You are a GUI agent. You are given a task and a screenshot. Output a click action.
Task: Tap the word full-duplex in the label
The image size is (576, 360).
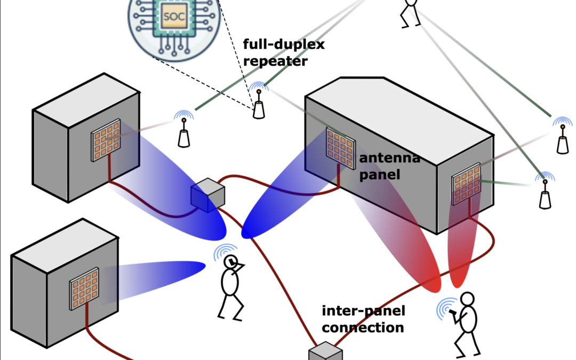[283, 45]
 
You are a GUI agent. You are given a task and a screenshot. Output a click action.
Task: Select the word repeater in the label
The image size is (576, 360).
[275, 61]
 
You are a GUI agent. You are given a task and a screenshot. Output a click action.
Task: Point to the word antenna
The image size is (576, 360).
[389, 158]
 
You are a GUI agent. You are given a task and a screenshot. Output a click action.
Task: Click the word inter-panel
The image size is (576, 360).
[363, 311]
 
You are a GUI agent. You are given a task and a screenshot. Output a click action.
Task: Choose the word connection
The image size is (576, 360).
[363, 327]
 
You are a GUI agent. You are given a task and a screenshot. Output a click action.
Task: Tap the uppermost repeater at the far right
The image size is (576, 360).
[562, 140]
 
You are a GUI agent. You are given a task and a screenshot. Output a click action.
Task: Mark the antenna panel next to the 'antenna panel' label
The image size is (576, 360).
[337, 148]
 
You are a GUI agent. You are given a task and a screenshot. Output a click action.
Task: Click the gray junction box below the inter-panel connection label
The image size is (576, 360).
[325, 352]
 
